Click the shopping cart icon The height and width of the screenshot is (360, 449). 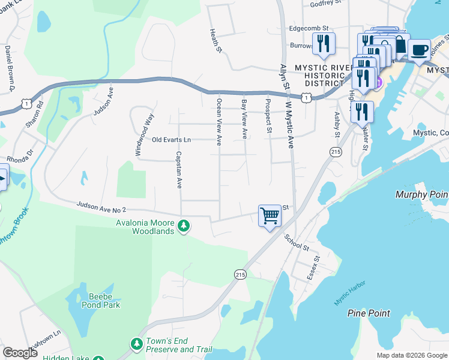pyautogui.click(x=270, y=215)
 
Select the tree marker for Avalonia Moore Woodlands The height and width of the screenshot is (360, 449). pyautogui.click(x=184, y=226)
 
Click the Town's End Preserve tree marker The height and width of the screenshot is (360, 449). pyautogui.click(x=137, y=344)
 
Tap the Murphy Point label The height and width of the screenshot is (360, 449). pyautogui.click(x=421, y=194)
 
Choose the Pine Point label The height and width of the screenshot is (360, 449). pyautogui.click(x=369, y=313)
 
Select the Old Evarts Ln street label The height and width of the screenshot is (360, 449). pyautogui.click(x=171, y=140)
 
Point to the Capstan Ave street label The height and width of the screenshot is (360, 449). pyautogui.click(x=178, y=169)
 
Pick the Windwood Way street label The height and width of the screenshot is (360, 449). pyautogui.click(x=145, y=135)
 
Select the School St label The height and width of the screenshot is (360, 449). pyautogui.click(x=297, y=242)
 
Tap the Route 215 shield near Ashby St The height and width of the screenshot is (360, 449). pyautogui.click(x=335, y=152)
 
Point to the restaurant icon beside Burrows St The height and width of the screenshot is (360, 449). pyautogui.click(x=324, y=44)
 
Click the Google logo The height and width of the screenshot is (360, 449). pyautogui.click(x=20, y=353)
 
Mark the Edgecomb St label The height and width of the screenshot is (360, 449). pyautogui.click(x=309, y=28)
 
